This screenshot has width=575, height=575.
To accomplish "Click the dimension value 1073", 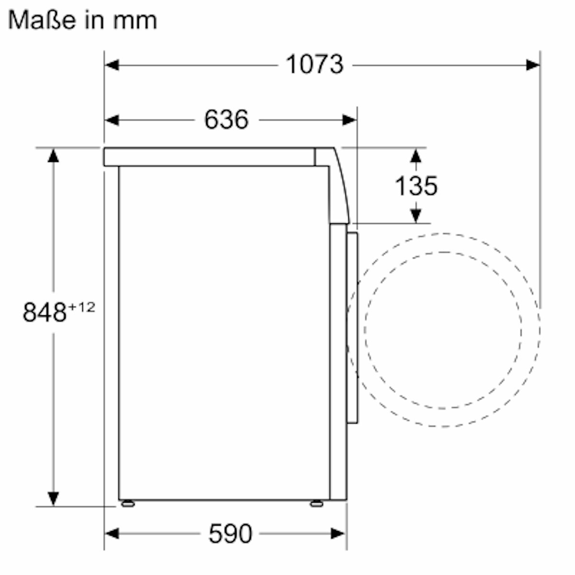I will (314, 64).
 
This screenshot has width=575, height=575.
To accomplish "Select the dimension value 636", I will (226, 119).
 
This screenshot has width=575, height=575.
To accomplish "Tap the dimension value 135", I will (416, 185).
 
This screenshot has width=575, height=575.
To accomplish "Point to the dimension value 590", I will (230, 533).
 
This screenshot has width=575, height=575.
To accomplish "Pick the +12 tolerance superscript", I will (81, 307).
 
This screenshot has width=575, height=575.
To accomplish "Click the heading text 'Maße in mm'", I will (82, 20).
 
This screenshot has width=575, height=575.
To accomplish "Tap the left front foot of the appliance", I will (128, 503).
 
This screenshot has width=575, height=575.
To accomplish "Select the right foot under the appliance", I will (316, 503).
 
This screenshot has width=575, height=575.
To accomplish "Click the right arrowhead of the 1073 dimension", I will (533, 65).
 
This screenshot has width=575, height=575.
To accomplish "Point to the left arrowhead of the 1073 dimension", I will (112, 65).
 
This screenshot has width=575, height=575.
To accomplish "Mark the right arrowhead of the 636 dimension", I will (350, 120).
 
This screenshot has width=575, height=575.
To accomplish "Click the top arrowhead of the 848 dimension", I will (53, 155).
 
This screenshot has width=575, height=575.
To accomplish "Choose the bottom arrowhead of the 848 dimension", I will (53, 498).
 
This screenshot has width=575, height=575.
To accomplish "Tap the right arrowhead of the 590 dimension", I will (339, 533).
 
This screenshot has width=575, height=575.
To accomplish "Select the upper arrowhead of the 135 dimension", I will (416, 155).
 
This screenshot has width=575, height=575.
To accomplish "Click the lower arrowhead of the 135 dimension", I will (416, 216).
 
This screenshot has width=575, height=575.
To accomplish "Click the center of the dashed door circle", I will (443, 330).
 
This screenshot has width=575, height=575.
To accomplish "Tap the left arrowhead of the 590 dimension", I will (112, 533).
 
